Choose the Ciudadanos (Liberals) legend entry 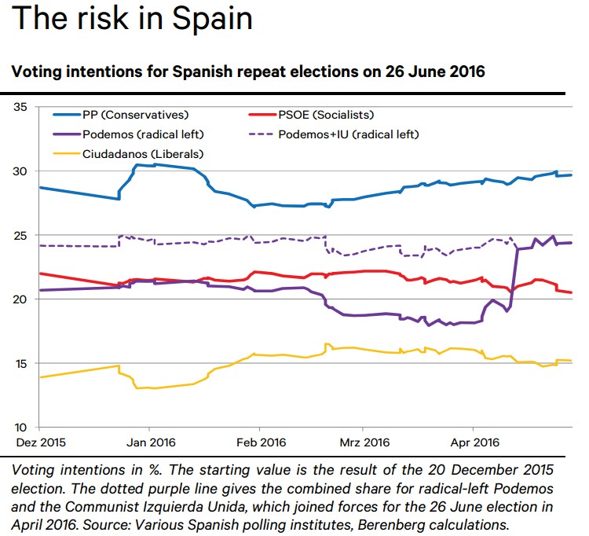coord(132,153)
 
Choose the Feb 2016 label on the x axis coord(259,443)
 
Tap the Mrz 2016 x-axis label coord(363,443)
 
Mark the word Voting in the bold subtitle coord(36,72)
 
